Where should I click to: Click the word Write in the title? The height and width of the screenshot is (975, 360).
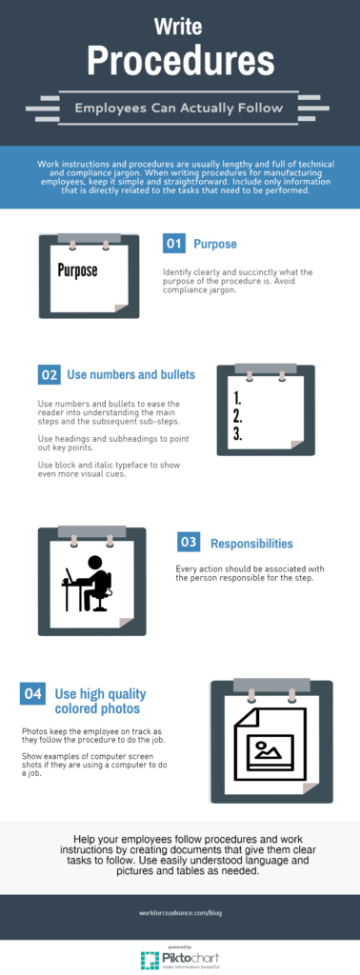[180, 26]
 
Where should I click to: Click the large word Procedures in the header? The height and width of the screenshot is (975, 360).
[180, 62]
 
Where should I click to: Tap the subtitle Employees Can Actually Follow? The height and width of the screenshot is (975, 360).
[180, 108]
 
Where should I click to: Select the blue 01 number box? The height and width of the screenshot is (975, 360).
[173, 244]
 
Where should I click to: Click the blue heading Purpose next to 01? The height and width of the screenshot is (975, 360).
[215, 244]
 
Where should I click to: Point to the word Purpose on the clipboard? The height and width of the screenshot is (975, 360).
[77, 270]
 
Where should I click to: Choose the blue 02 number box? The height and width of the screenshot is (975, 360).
[50, 374]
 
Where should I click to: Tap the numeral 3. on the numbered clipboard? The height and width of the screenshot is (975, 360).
[239, 433]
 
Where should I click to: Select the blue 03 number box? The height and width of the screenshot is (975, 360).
[189, 543]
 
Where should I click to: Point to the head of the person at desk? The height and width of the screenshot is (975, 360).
[96, 563]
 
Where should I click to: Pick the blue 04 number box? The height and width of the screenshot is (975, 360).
[32, 693]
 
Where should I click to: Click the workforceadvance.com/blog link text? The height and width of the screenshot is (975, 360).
[180, 912]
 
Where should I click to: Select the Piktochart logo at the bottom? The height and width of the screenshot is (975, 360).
[180, 957]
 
